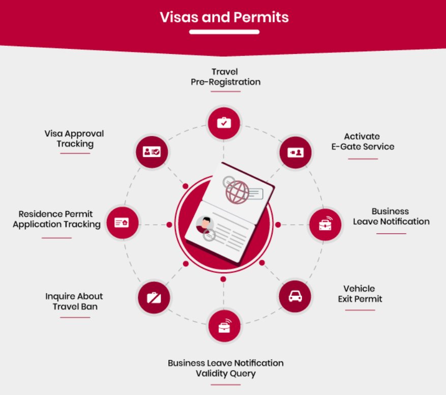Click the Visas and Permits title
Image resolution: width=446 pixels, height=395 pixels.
[x=224, y=17]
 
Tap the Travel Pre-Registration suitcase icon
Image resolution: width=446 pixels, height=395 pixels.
[x=224, y=122]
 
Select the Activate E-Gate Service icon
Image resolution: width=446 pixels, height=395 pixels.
[x=295, y=152]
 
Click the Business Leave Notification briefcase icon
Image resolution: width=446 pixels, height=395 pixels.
[x=325, y=224]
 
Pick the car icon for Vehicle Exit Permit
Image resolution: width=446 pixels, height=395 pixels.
[x=295, y=296]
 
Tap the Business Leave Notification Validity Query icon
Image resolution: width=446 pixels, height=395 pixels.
[x=224, y=326]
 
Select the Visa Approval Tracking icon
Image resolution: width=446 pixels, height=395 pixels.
[x=152, y=152]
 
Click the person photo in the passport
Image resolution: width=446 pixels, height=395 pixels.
[x=204, y=224]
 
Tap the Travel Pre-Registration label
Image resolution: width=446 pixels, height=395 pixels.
[x=225, y=76]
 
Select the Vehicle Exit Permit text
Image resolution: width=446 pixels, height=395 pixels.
[x=360, y=294]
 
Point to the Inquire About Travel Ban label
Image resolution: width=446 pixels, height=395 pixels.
[x=74, y=301]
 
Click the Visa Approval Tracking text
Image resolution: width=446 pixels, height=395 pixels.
[x=74, y=138]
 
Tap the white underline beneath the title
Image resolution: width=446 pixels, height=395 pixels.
[x=224, y=32]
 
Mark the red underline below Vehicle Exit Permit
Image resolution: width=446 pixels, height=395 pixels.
[x=360, y=309]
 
